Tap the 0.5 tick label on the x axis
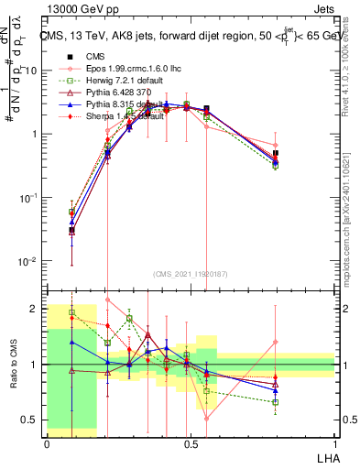[x=191, y=442]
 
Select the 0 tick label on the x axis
[x=47, y=442]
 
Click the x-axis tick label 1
[x=334, y=442]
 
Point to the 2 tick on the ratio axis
[x=36, y=309]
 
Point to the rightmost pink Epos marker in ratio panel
[x=276, y=343]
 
